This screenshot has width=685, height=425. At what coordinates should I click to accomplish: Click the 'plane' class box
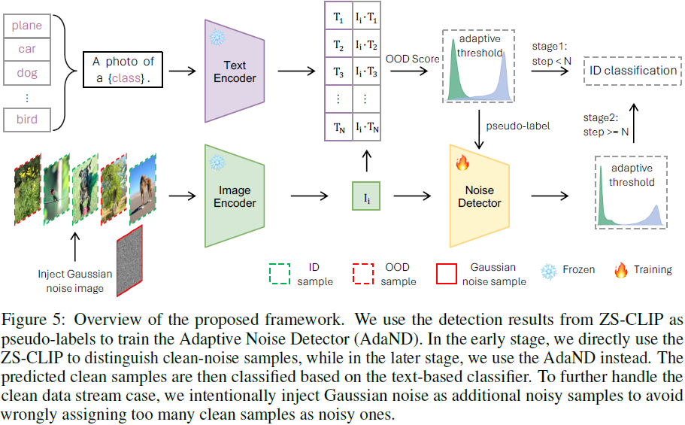tap(26, 26)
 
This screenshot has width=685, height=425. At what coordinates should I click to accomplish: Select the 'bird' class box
tap(26, 120)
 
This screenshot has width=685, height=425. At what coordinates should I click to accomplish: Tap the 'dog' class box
tap(26, 74)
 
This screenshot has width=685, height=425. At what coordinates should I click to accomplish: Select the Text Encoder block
tap(235, 71)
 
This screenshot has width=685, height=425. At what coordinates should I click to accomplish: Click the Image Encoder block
tap(235, 196)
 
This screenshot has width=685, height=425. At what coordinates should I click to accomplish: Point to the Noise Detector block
tap(479, 196)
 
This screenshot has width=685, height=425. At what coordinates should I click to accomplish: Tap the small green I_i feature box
tap(366, 199)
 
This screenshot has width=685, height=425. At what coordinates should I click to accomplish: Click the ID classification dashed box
tap(633, 71)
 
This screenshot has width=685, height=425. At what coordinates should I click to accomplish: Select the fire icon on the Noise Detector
tap(462, 162)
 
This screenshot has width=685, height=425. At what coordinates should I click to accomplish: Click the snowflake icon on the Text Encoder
tap(217, 37)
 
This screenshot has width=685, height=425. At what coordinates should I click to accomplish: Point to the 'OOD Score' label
tap(412, 59)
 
